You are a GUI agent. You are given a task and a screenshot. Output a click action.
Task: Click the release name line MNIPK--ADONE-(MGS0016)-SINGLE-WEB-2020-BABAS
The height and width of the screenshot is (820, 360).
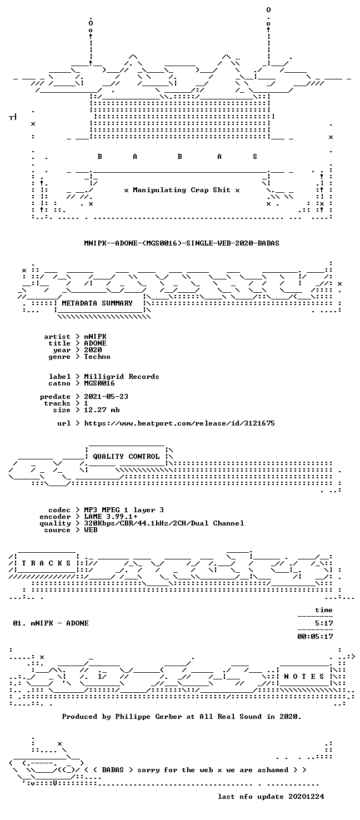click(x=182, y=243)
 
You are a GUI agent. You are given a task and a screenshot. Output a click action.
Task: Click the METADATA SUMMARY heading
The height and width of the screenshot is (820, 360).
click(x=97, y=303)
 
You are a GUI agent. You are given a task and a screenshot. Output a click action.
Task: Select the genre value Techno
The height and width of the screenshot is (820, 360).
click(x=97, y=357)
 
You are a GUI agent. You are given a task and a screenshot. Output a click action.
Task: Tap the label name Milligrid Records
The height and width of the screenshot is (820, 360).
click(x=122, y=377)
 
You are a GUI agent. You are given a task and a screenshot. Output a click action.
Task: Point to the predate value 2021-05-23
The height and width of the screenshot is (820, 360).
click(x=106, y=397)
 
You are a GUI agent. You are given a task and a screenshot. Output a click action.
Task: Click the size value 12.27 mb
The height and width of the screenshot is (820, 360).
click(x=102, y=410)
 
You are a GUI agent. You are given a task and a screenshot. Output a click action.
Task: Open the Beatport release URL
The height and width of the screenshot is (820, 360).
click(x=179, y=423)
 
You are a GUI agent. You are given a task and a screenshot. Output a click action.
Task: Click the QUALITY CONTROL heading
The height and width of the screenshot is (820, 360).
click(x=126, y=457)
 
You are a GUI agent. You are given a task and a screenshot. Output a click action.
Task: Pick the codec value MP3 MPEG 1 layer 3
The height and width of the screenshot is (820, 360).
click(x=124, y=510)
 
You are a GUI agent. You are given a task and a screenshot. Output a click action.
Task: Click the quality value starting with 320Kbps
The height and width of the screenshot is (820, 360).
click(x=164, y=523)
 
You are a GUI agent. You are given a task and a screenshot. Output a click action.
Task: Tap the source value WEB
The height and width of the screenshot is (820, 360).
click(x=91, y=529)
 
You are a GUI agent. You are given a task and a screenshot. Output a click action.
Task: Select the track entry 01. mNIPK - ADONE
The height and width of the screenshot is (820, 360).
click(x=51, y=623)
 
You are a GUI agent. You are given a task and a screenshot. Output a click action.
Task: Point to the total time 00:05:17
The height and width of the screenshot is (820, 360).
click(x=316, y=637)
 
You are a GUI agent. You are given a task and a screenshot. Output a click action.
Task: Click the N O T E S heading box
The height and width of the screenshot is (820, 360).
click(x=304, y=677)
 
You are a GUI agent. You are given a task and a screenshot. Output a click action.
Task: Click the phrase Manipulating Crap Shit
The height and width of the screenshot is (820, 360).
click(x=182, y=190)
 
